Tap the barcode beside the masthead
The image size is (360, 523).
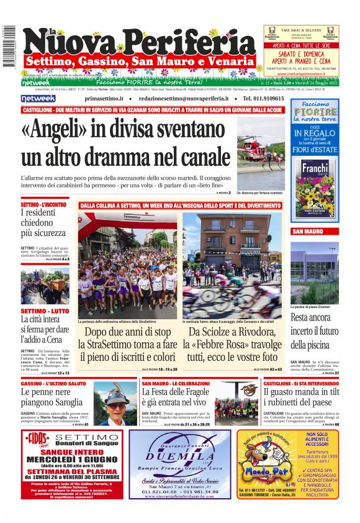(x=9, y=46)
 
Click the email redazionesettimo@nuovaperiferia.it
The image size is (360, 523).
(x=187, y=99)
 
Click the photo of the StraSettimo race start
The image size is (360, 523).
(x=127, y=266)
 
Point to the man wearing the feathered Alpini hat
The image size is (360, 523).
(x=115, y=403)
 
